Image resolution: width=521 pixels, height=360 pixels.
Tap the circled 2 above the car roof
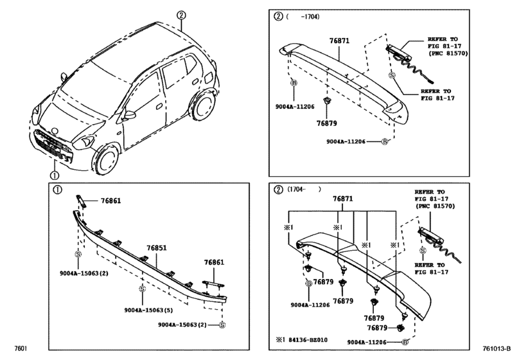pos(182,14)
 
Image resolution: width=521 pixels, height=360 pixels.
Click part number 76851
pos(157,248)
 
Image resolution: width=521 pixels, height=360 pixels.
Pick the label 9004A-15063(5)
pos(147,310)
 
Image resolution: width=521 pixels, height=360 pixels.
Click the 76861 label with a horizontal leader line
pos(110,201)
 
